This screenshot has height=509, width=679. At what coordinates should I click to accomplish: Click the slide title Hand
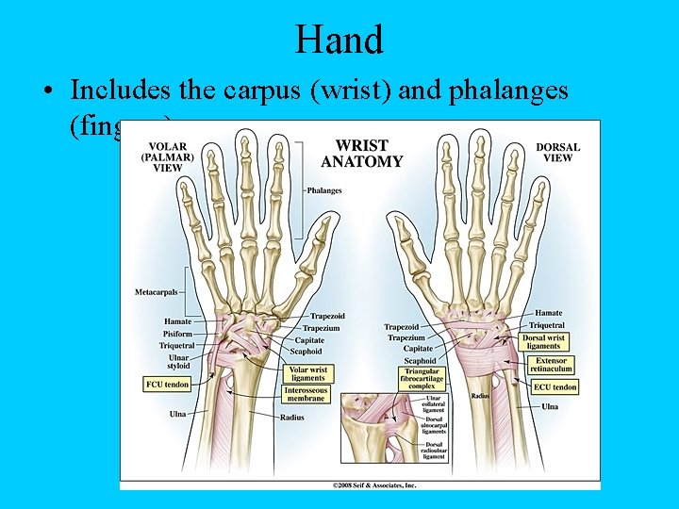[x=339, y=40]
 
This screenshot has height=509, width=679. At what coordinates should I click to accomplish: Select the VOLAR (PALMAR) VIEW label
[x=168, y=157]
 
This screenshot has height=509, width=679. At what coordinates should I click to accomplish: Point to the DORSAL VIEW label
[x=557, y=152]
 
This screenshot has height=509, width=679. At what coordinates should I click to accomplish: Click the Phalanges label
[x=323, y=190]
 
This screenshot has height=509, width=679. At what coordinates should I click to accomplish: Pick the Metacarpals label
[x=156, y=291]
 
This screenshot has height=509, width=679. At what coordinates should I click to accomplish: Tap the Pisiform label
[x=176, y=333]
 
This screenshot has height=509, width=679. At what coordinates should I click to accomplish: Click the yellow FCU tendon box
[x=168, y=385]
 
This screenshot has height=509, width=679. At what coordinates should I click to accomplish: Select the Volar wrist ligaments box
[x=307, y=373]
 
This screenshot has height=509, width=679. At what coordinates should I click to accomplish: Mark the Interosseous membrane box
[x=306, y=393]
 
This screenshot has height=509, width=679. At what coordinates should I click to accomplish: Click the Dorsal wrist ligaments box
[x=543, y=341]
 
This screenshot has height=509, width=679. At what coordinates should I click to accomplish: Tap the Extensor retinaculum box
[x=552, y=365]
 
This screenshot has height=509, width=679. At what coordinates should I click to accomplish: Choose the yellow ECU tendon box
[x=555, y=387]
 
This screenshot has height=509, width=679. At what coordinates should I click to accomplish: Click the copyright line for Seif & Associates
[x=373, y=485]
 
